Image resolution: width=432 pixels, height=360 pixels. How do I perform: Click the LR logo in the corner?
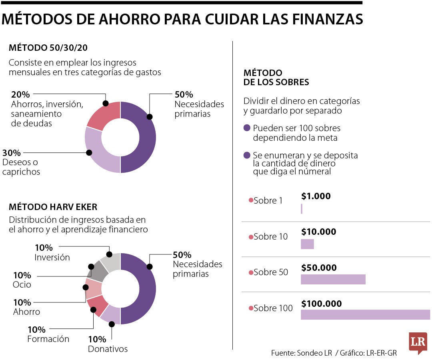418,342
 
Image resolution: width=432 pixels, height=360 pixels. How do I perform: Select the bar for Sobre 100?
365,314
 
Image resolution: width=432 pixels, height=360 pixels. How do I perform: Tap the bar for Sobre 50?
333,279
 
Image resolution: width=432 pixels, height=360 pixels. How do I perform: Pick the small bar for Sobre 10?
307,244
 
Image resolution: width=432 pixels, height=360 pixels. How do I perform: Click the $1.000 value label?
316,196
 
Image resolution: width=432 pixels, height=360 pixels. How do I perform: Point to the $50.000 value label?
319,268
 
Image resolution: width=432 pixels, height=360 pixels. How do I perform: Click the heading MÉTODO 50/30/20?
48,48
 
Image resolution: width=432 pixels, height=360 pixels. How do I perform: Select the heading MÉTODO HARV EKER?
53,207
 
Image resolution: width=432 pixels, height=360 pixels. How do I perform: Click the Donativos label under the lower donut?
108,349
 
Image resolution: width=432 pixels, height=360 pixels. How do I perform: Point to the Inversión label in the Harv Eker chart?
52,257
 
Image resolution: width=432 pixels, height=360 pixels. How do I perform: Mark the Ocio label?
22,284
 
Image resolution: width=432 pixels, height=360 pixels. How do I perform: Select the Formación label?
48,339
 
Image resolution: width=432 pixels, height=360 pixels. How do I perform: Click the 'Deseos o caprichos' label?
21,167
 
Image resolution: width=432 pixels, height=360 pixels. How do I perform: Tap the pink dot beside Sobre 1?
251,200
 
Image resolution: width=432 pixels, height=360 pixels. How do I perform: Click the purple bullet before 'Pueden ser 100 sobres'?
247,128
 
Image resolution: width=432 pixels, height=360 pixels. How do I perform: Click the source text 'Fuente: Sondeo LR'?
301,353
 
